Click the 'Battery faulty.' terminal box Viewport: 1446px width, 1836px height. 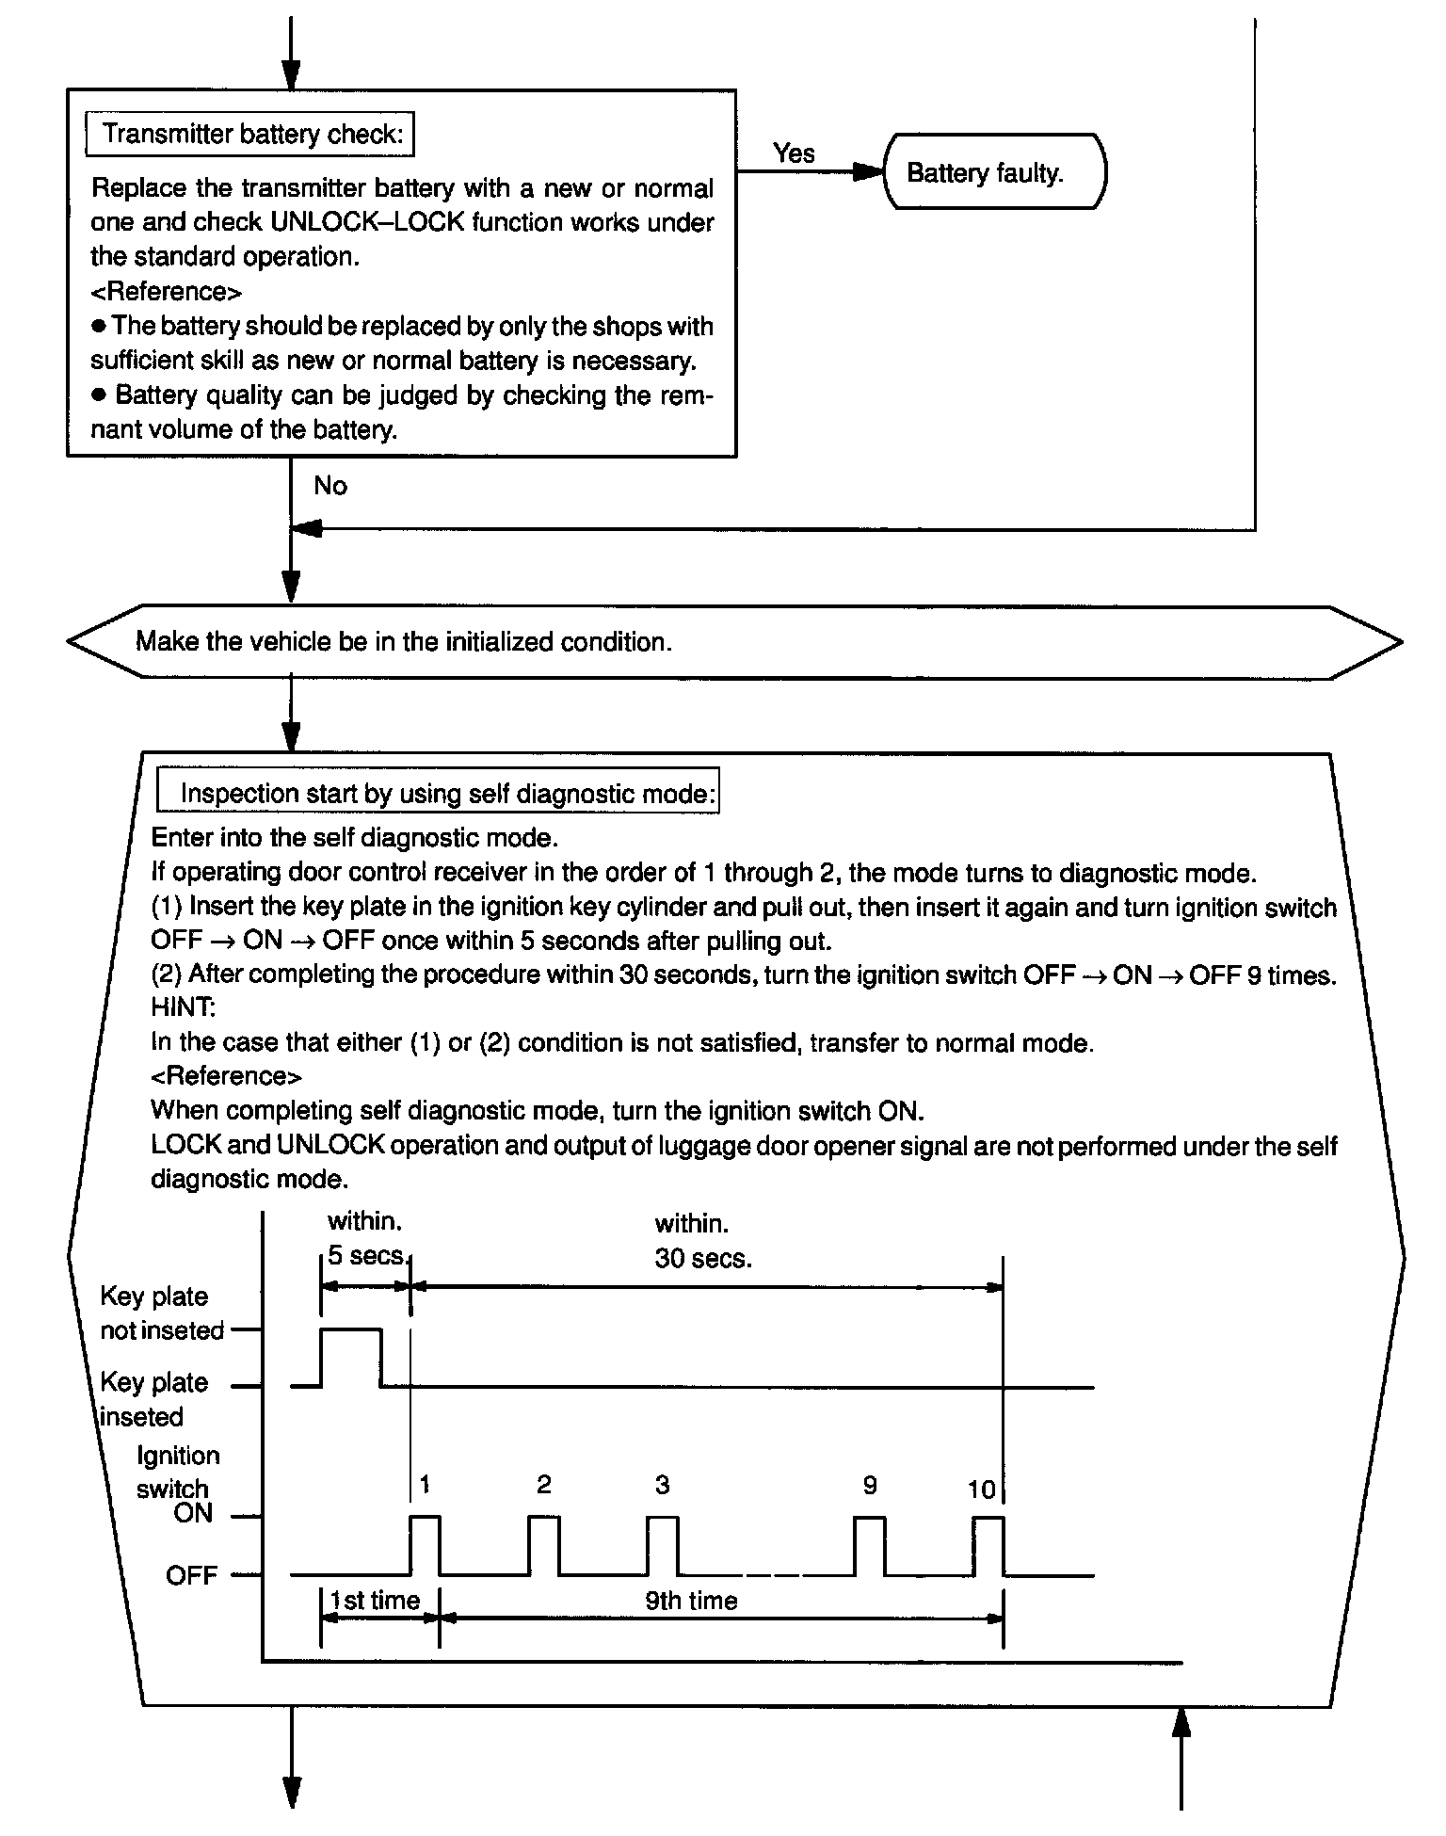pyautogui.click(x=994, y=173)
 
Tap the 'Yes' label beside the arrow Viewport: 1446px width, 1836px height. pyautogui.click(x=794, y=153)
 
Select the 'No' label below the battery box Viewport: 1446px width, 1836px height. pyautogui.click(x=330, y=486)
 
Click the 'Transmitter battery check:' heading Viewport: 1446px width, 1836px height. pyautogui.click(x=250, y=135)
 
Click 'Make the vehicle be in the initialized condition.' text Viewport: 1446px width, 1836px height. pyautogui.click(x=404, y=642)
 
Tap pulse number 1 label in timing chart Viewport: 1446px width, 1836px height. pyautogui.click(x=425, y=1485)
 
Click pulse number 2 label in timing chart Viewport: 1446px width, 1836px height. pyautogui.click(x=543, y=1485)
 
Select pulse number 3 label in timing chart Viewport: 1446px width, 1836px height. pyautogui.click(x=662, y=1485)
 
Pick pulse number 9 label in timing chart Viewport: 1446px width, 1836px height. pyautogui.click(x=870, y=1485)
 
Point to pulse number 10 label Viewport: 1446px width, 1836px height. pyautogui.click(x=981, y=1490)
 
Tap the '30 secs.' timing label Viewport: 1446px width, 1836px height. pyautogui.click(x=703, y=1259)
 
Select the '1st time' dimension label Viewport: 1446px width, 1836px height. pyautogui.click(x=376, y=1601)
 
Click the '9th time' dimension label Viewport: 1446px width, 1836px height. pyautogui.click(x=692, y=1601)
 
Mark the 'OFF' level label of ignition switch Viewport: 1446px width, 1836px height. pyautogui.click(x=192, y=1575)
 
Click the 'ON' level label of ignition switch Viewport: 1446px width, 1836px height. pyautogui.click(x=193, y=1514)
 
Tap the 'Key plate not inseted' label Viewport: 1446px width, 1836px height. pyautogui.click(x=162, y=1313)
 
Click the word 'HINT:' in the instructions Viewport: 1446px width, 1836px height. pyautogui.click(x=184, y=1007)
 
